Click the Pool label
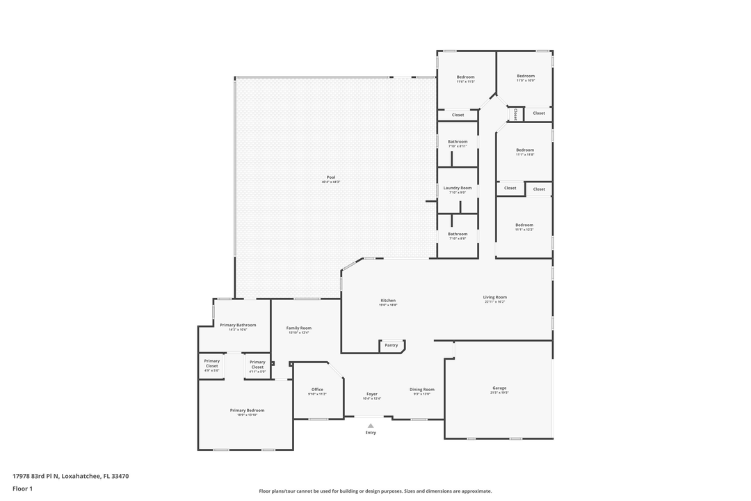[x=331, y=177]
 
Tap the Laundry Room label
[x=458, y=188]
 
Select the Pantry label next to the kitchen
[x=391, y=345]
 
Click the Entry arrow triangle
[x=371, y=425]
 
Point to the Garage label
[x=499, y=388]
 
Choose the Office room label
[x=317, y=390]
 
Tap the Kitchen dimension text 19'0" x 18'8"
[x=388, y=305]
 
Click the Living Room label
[x=495, y=297]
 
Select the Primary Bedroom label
[x=247, y=411]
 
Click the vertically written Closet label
[x=515, y=113]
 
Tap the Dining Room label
[x=422, y=390]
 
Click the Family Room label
[x=299, y=328]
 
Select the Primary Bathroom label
[x=238, y=325]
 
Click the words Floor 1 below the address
[x=22, y=488]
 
